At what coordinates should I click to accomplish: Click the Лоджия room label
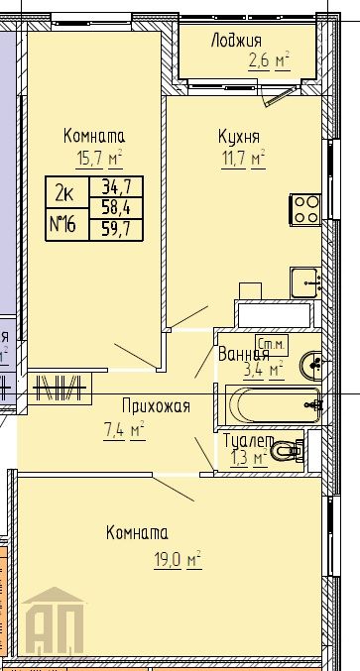pos(236,41)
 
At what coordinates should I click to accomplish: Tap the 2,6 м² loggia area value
pos(268,61)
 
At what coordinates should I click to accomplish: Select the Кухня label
pos(239,137)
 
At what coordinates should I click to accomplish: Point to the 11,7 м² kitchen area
pos(243,158)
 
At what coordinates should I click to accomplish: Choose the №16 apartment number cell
pos(66,223)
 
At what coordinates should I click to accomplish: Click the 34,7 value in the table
pos(111,185)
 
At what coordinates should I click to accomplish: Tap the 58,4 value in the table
pos(111,206)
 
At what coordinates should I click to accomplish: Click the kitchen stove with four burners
pos(304,208)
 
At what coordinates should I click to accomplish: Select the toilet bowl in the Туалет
pos(289,450)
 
